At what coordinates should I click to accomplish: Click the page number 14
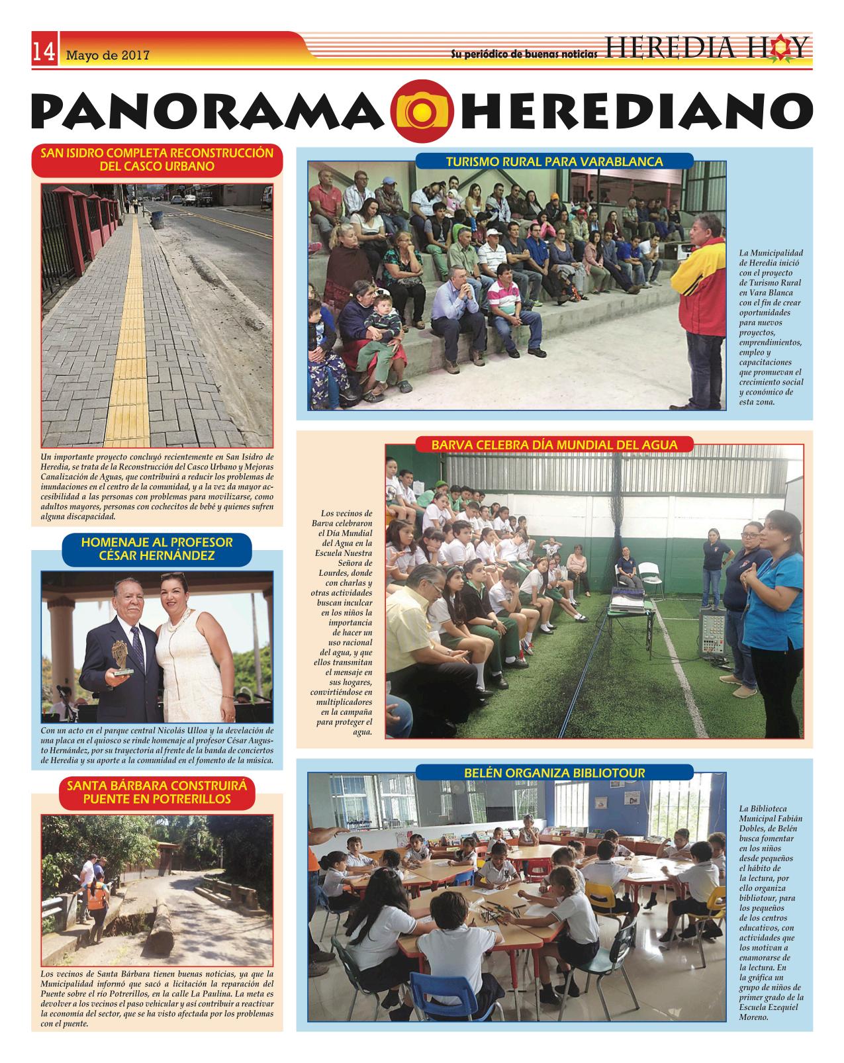pos(44,51)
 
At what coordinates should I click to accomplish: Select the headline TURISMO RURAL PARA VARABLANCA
pos(553,161)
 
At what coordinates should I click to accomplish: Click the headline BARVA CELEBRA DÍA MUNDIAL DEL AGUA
pos(554,445)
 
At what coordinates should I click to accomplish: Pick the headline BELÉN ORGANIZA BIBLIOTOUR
pos(554,772)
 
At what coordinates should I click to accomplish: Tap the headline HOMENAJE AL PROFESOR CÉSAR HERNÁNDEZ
pos(157,549)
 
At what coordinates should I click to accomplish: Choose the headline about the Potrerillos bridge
pos(157,792)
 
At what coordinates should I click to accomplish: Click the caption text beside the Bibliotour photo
pos(771,913)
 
